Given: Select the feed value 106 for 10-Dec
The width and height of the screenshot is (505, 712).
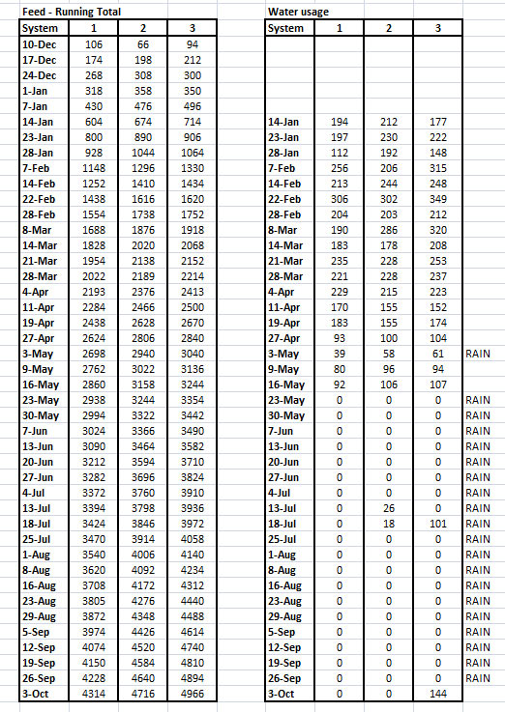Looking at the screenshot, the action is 94,44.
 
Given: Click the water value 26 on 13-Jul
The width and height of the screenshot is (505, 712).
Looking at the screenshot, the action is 388,507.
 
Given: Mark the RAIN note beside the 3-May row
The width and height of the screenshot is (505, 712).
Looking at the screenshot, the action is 479,354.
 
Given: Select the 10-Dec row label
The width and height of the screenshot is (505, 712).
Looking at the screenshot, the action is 39,44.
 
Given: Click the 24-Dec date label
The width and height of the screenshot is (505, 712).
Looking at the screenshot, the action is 39,75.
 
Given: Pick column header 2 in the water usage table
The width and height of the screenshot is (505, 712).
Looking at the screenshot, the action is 388,28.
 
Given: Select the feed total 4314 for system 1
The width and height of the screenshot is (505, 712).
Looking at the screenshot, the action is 94,694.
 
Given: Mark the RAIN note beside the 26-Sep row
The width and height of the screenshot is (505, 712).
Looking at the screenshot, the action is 479,678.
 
